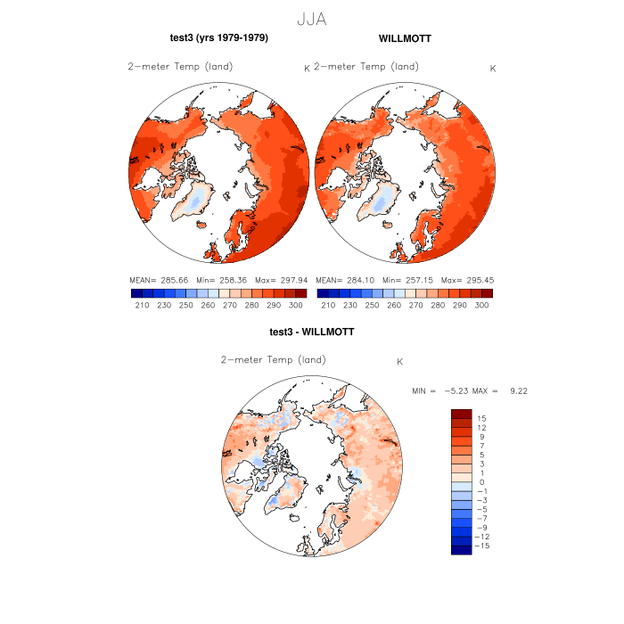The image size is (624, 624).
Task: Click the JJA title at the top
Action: pyautogui.click(x=311, y=20)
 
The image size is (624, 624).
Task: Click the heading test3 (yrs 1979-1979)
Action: pyautogui.click(x=218, y=38)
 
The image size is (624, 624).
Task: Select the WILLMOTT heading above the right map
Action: pyautogui.click(x=405, y=38)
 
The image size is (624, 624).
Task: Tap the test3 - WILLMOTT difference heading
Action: pyautogui.click(x=311, y=332)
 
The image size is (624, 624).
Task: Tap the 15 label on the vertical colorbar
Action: pyautogui.click(x=480, y=418)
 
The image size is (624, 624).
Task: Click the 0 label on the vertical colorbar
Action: pyautogui.click(x=480, y=482)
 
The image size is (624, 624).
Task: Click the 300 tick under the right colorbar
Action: pyautogui.click(x=481, y=305)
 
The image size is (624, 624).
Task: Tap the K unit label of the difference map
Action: pyautogui.click(x=400, y=362)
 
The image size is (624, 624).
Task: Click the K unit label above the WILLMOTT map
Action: pyautogui.click(x=493, y=69)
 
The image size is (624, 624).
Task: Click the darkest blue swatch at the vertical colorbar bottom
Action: pyautogui.click(x=461, y=549)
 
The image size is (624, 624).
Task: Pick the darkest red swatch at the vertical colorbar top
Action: pyautogui.click(x=461, y=415)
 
